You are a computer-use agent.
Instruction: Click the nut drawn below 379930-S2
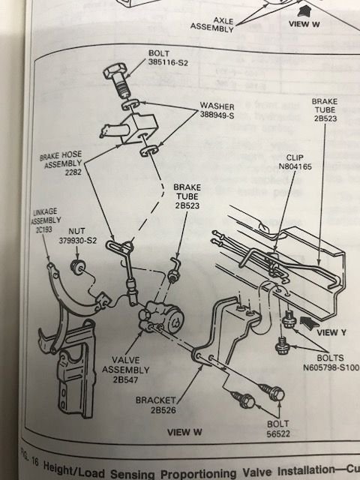point(76,268)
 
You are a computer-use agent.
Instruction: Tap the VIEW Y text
point(330,331)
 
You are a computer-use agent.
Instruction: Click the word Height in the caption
point(63,469)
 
